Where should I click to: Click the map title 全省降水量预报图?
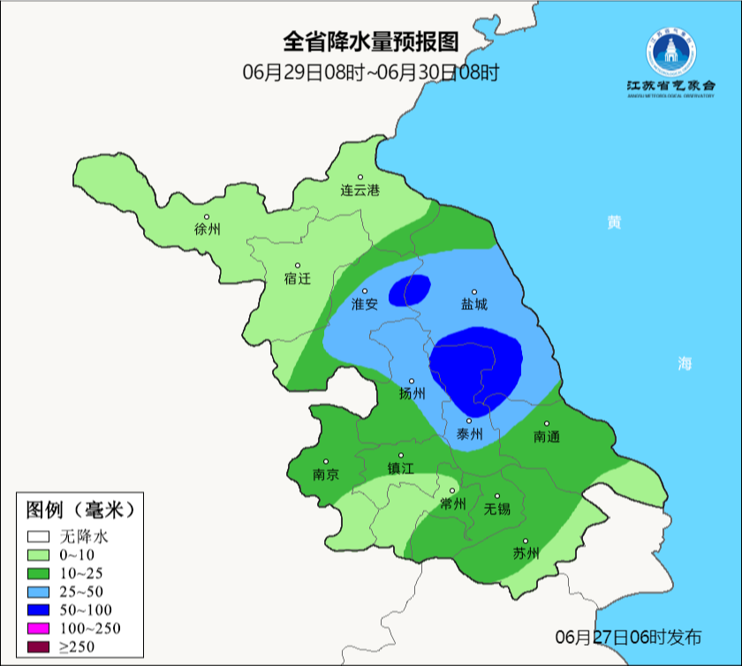pos(371,42)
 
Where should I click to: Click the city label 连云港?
pos(360,190)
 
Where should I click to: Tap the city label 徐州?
pos(207,230)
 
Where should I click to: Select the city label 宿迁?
pos(298,279)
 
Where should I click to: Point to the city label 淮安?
pos(365,304)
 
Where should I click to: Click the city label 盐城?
pos(473,305)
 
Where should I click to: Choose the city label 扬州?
pos(412,394)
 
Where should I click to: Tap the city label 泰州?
pos(469,435)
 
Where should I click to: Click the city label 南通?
pos(547,436)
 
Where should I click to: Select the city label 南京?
pos(326,473)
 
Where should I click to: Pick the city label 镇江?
pos(401,469)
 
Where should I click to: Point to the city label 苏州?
pos(526,554)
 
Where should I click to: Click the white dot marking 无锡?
pos(497,496)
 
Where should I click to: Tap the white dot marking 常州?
pos(452,491)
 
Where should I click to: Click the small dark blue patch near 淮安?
pos(410,290)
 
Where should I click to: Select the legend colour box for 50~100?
pos(37,610)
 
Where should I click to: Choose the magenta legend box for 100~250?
pos(37,629)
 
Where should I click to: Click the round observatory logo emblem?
pos(670,52)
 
